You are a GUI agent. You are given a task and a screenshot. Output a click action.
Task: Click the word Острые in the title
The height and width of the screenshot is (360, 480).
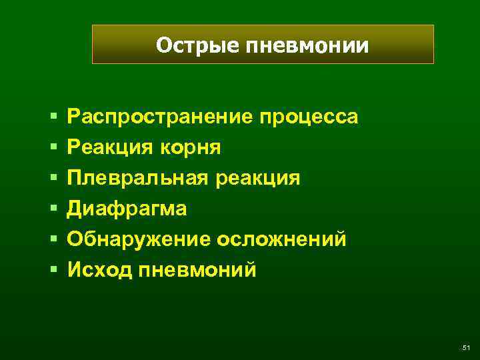pos(198,45)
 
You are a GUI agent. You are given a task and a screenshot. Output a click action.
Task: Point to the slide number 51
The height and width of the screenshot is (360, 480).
pos(465,347)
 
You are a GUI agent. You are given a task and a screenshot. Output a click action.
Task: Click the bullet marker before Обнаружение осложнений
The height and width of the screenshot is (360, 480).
pos(53,240)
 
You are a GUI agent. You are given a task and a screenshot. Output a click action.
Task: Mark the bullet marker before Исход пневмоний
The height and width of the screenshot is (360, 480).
pos(53,271)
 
